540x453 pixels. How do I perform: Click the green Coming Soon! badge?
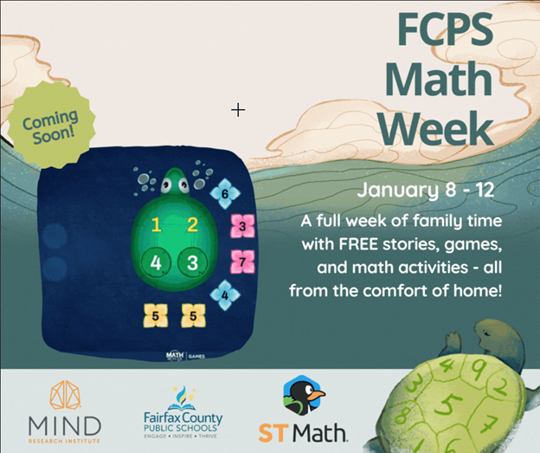coord(48,126)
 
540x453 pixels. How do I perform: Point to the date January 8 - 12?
coord(426,190)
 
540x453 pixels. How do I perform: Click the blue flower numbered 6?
coord(225,195)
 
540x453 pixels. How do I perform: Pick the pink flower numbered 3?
coord(242,227)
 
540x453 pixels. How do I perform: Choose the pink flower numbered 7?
coord(243,260)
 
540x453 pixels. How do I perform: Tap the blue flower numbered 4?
coord(225,294)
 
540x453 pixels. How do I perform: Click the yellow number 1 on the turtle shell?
coord(157,226)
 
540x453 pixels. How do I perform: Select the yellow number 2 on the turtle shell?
coord(193,226)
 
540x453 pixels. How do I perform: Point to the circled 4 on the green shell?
coord(157,262)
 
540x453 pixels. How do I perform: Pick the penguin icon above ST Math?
coord(303,397)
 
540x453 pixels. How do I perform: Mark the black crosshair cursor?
coord(238,109)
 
